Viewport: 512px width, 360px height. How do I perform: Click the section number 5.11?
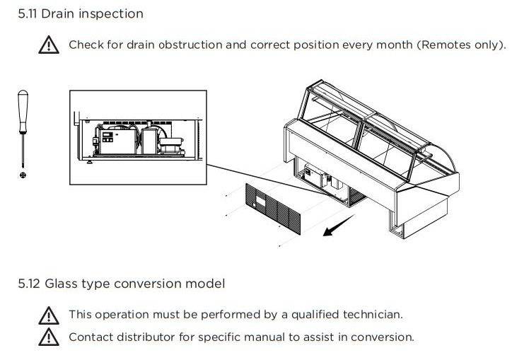[28, 14]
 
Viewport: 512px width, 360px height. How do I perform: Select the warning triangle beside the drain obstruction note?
[49, 45]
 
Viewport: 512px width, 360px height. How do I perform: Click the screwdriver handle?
[23, 111]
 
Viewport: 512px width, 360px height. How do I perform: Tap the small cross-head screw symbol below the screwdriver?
[23, 175]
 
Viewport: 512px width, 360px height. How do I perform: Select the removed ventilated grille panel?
[273, 209]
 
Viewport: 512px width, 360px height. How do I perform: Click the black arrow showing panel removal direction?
[339, 225]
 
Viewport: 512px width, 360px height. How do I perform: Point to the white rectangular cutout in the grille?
[261, 202]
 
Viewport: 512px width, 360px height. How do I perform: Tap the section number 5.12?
[29, 284]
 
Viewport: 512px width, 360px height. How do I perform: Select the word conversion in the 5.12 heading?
[148, 284]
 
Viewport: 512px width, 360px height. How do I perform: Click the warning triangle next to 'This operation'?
[49, 315]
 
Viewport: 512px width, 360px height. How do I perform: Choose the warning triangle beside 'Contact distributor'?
[49, 337]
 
